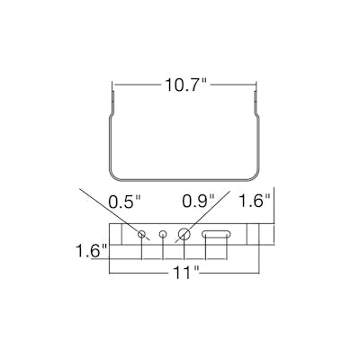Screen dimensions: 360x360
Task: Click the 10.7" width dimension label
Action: click(185, 85)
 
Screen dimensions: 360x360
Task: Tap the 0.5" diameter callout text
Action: click(125, 202)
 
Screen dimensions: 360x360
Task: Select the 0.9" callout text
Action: click(199, 201)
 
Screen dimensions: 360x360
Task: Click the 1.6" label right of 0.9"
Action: click(255, 200)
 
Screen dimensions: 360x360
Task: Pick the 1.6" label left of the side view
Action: click(91, 250)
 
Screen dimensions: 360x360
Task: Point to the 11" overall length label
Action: click(185, 273)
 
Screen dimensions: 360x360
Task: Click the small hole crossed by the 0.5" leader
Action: click(141, 234)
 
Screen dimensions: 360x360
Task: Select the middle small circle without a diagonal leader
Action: click(163, 234)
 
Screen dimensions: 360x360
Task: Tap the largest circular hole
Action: click(184, 234)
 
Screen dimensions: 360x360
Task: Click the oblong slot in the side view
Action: click(216, 234)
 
